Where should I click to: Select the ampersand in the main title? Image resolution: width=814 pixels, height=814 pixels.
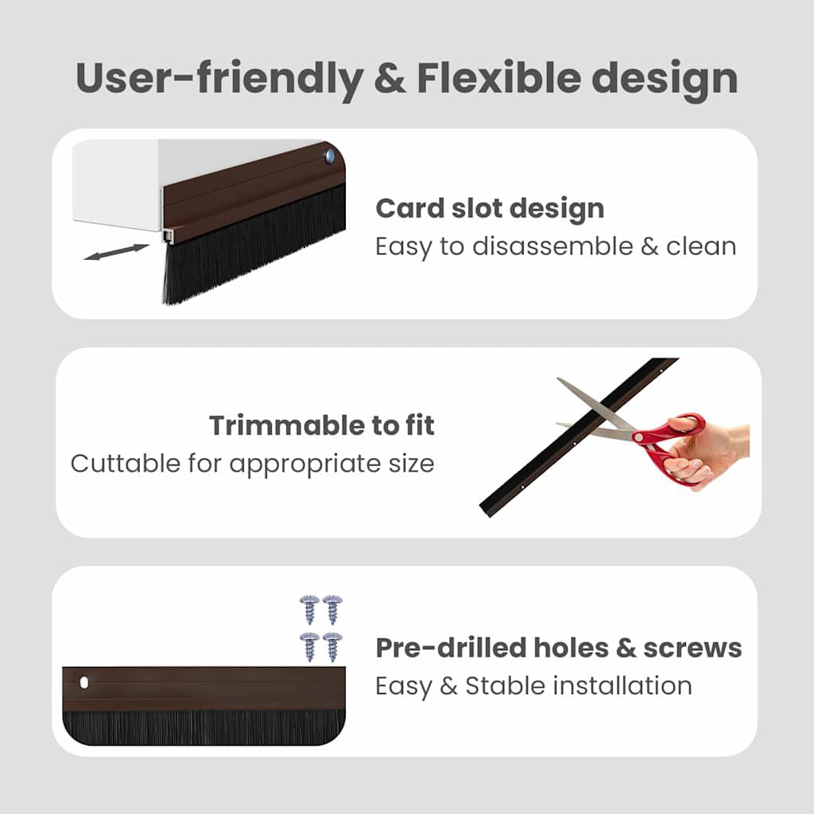(387, 79)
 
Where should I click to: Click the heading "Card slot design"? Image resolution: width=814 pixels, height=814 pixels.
(490, 209)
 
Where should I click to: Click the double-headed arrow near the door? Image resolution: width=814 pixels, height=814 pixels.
(116, 252)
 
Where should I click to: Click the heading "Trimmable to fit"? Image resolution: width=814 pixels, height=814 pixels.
(322, 426)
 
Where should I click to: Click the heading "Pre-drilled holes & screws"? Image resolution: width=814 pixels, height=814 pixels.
(558, 648)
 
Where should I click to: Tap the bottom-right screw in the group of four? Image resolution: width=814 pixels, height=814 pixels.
(332, 645)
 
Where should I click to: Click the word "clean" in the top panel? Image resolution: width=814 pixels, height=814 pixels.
(701, 246)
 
